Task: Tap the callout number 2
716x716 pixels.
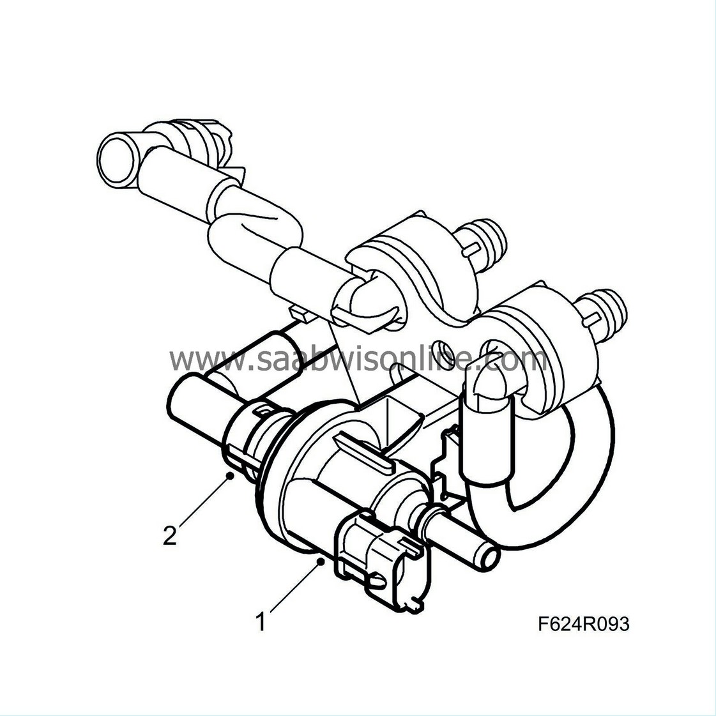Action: (x=169, y=535)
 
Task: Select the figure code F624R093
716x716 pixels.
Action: (x=583, y=623)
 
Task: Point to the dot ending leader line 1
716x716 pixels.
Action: (x=320, y=561)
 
